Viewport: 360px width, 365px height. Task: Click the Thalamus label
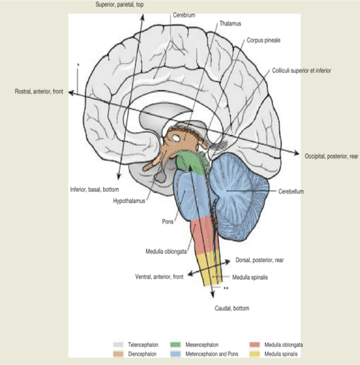click(x=230, y=23)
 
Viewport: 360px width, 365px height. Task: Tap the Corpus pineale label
click(x=264, y=40)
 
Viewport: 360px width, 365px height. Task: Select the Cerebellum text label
click(x=291, y=191)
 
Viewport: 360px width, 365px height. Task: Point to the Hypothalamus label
click(x=129, y=201)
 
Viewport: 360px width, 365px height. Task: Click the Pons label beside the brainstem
click(x=168, y=222)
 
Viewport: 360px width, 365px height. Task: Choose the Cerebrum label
click(x=184, y=15)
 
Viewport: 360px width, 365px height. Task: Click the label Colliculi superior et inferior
click(x=302, y=71)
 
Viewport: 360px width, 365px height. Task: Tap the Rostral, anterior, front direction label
click(x=39, y=91)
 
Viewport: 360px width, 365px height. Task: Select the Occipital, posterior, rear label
click(x=332, y=156)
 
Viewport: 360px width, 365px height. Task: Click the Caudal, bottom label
click(x=232, y=308)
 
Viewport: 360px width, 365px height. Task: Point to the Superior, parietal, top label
click(x=119, y=4)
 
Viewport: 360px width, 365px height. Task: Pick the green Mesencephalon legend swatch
click(x=175, y=345)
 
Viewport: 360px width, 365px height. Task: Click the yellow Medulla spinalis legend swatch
click(x=255, y=354)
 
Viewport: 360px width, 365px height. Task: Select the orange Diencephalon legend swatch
click(x=118, y=354)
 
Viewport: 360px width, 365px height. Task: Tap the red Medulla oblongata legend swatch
click(x=255, y=345)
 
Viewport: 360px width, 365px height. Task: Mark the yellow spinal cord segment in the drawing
click(x=210, y=269)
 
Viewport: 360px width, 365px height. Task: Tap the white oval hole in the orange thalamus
click(x=176, y=138)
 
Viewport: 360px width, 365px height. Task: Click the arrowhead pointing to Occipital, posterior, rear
click(x=296, y=153)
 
